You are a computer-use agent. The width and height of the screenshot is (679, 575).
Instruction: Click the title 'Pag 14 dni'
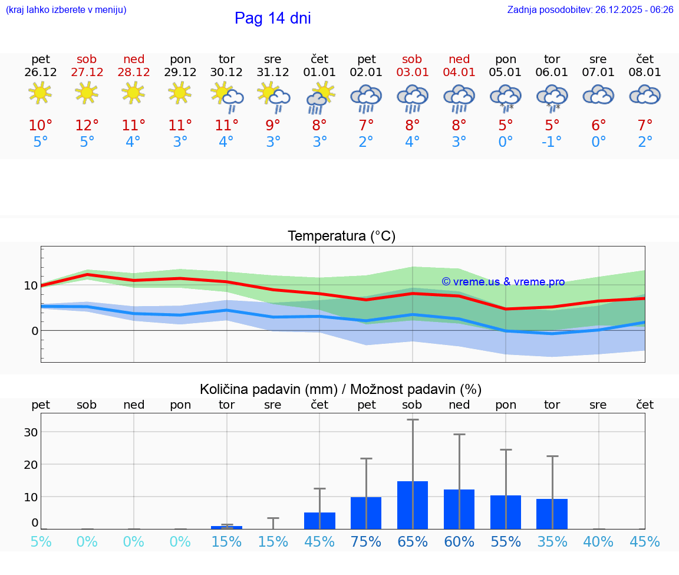tap(272, 18)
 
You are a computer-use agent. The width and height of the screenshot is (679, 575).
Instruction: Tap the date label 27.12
tap(87, 73)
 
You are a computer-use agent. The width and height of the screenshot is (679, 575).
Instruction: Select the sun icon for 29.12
tap(180, 93)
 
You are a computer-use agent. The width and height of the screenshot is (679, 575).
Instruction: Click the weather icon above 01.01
tap(320, 96)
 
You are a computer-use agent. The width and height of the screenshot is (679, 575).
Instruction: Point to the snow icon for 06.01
tap(552, 97)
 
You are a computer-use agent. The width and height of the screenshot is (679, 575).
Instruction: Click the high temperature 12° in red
tap(87, 125)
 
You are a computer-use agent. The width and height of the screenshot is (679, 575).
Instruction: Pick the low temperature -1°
tap(552, 142)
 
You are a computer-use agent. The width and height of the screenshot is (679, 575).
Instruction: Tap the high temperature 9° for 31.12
tap(273, 125)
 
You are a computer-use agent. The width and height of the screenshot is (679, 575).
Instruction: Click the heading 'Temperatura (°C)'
tap(341, 236)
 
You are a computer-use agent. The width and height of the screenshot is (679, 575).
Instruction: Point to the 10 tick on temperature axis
tap(31, 285)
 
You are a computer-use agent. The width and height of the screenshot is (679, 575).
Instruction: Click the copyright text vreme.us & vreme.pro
tap(503, 282)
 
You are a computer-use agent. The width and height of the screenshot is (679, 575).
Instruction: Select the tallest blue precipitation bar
tap(413, 505)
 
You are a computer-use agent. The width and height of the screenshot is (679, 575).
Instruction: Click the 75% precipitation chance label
tap(366, 542)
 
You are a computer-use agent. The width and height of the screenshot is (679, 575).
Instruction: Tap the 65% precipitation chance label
tap(413, 542)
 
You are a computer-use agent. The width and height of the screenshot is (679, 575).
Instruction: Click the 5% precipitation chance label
tap(41, 542)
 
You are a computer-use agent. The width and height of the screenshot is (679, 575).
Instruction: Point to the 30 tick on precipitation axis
tap(31, 432)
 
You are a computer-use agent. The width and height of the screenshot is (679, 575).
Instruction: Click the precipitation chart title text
tap(341, 389)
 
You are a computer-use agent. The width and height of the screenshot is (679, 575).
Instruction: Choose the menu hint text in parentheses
tap(66, 10)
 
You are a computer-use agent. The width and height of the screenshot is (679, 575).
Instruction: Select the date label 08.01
tap(645, 73)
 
